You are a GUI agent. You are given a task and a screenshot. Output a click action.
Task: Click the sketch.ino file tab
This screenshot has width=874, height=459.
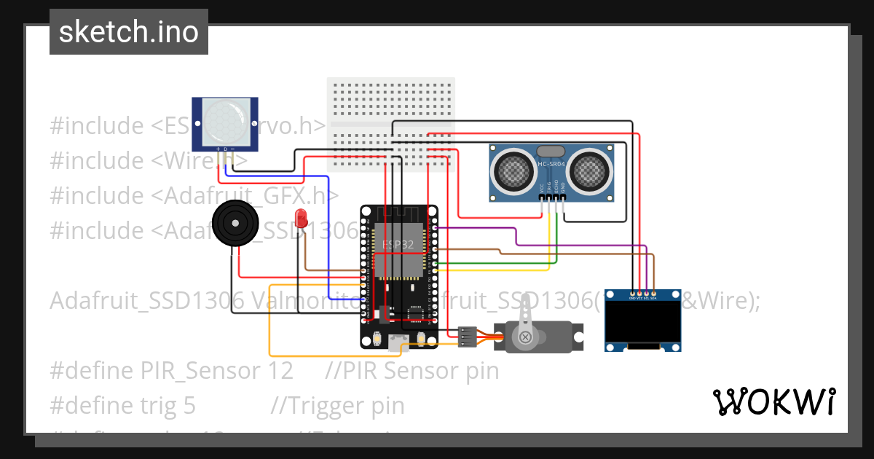tap(128, 32)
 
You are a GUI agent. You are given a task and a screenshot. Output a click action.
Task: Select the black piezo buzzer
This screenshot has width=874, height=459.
tap(235, 224)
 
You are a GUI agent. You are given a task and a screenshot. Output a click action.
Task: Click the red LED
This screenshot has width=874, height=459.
tap(301, 217)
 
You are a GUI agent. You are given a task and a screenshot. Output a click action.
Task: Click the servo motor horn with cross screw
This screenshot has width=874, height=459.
tap(525, 336)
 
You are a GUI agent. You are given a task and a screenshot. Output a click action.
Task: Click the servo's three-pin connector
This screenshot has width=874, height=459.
tap(467, 336)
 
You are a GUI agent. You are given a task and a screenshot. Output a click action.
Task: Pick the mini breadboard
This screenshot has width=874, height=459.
tap(391, 124)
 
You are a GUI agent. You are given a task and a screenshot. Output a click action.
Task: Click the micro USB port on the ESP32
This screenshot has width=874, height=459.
tap(399, 341)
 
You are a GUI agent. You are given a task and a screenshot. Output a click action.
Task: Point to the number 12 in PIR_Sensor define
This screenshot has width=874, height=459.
tap(280, 371)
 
